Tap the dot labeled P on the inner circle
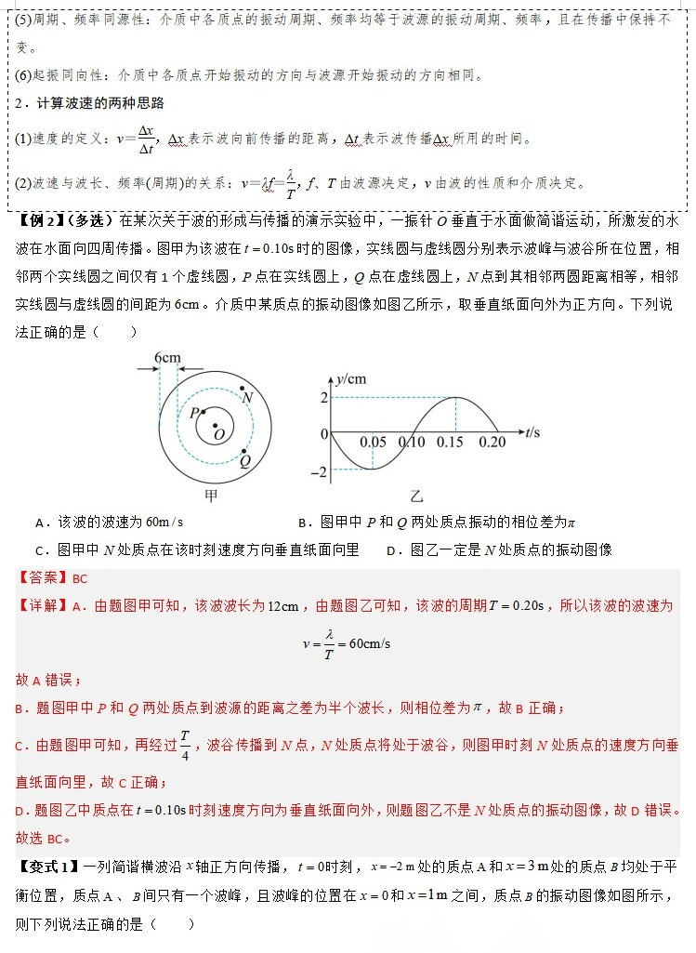coord(202,410)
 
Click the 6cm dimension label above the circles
coord(167,358)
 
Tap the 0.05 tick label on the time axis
coord(373,443)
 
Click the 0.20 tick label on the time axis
coord(492,443)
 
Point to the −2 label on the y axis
coord(319,471)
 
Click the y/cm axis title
coord(351,377)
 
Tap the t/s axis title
coord(532,432)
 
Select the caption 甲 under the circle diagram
coord(211,496)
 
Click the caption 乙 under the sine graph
coord(415,496)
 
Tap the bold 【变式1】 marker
coord(46,867)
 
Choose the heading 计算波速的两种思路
coord(96,103)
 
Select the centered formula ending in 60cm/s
coord(347,643)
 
